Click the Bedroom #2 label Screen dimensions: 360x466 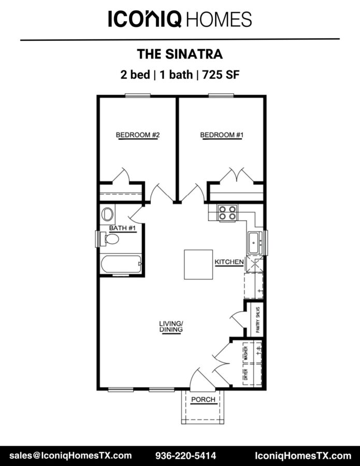[x=138, y=135]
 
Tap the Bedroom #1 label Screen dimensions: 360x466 [x=222, y=135]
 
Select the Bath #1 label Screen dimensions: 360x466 [x=122, y=228]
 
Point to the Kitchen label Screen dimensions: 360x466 [x=229, y=262]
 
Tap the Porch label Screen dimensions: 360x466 [x=204, y=399]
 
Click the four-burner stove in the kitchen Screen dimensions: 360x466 [x=228, y=213]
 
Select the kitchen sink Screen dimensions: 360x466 [x=255, y=243]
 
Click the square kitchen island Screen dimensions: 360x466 [x=198, y=265]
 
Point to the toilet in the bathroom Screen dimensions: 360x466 [x=109, y=239]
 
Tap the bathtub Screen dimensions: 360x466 [x=121, y=264]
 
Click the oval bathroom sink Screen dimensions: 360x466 [x=107, y=214]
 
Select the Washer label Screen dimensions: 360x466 [x=246, y=353]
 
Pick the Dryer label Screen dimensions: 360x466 [x=246, y=374]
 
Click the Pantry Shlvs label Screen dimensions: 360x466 [x=258, y=320]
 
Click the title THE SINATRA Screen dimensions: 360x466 [x=180, y=54]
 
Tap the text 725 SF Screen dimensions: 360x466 [x=221, y=74]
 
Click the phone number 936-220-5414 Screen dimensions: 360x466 [x=185, y=456]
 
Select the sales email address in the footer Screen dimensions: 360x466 [x=70, y=456]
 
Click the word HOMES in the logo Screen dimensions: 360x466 [x=219, y=19]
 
